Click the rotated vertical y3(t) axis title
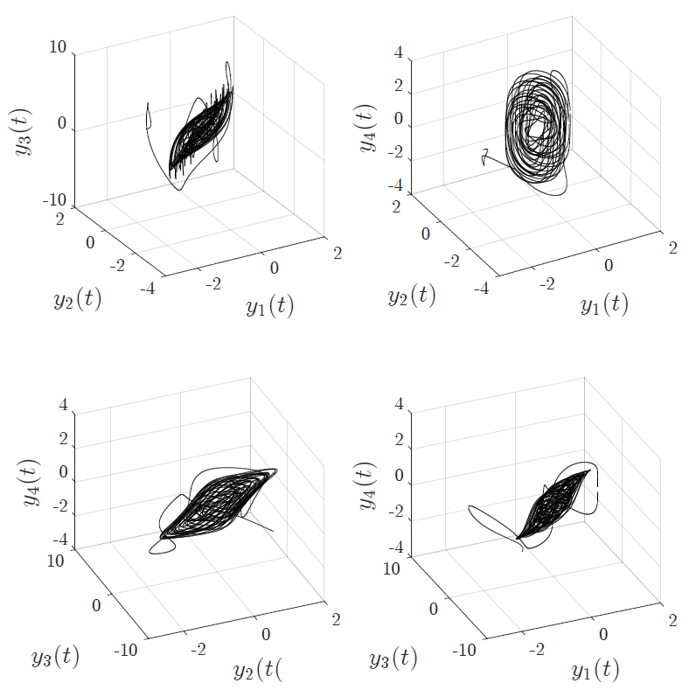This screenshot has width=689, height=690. point(24,131)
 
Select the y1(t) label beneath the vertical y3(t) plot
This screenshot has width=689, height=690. point(269,306)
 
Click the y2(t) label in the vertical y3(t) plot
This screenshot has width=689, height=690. point(77,299)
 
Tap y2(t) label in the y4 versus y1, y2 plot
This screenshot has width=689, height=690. point(412,295)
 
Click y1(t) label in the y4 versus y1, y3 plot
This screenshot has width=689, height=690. point(595,670)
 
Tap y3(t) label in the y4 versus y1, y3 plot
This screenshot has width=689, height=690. point(393,658)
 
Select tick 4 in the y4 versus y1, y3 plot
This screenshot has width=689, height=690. point(399,405)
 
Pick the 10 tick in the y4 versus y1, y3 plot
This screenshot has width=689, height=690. point(393,568)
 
